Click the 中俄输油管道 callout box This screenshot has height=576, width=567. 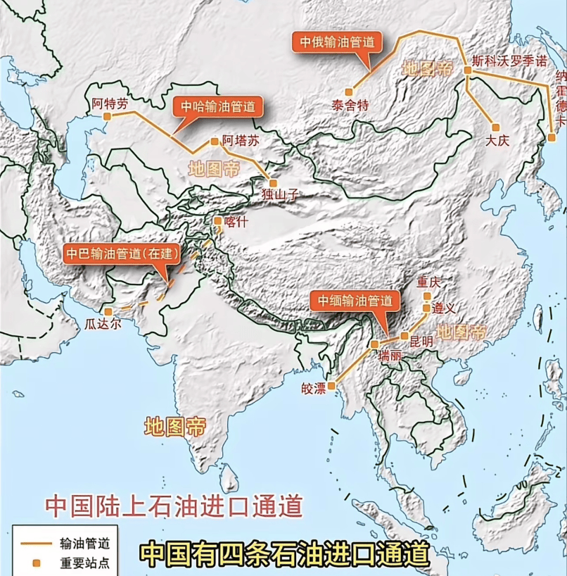(337, 42)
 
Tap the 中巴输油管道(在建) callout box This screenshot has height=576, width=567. (121, 254)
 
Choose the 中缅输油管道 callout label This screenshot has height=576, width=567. (355, 301)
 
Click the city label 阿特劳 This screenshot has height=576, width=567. (110, 103)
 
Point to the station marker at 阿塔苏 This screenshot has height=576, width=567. (215, 142)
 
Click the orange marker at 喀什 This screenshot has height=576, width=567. (218, 220)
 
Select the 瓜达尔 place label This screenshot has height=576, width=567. (103, 324)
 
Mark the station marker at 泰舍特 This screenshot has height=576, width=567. (348, 91)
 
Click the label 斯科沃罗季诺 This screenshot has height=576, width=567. (509, 61)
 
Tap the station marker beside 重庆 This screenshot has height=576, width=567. (427, 296)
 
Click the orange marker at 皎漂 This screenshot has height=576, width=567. (331, 386)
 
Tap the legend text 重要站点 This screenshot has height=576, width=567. (84, 563)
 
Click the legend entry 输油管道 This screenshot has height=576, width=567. (84, 544)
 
